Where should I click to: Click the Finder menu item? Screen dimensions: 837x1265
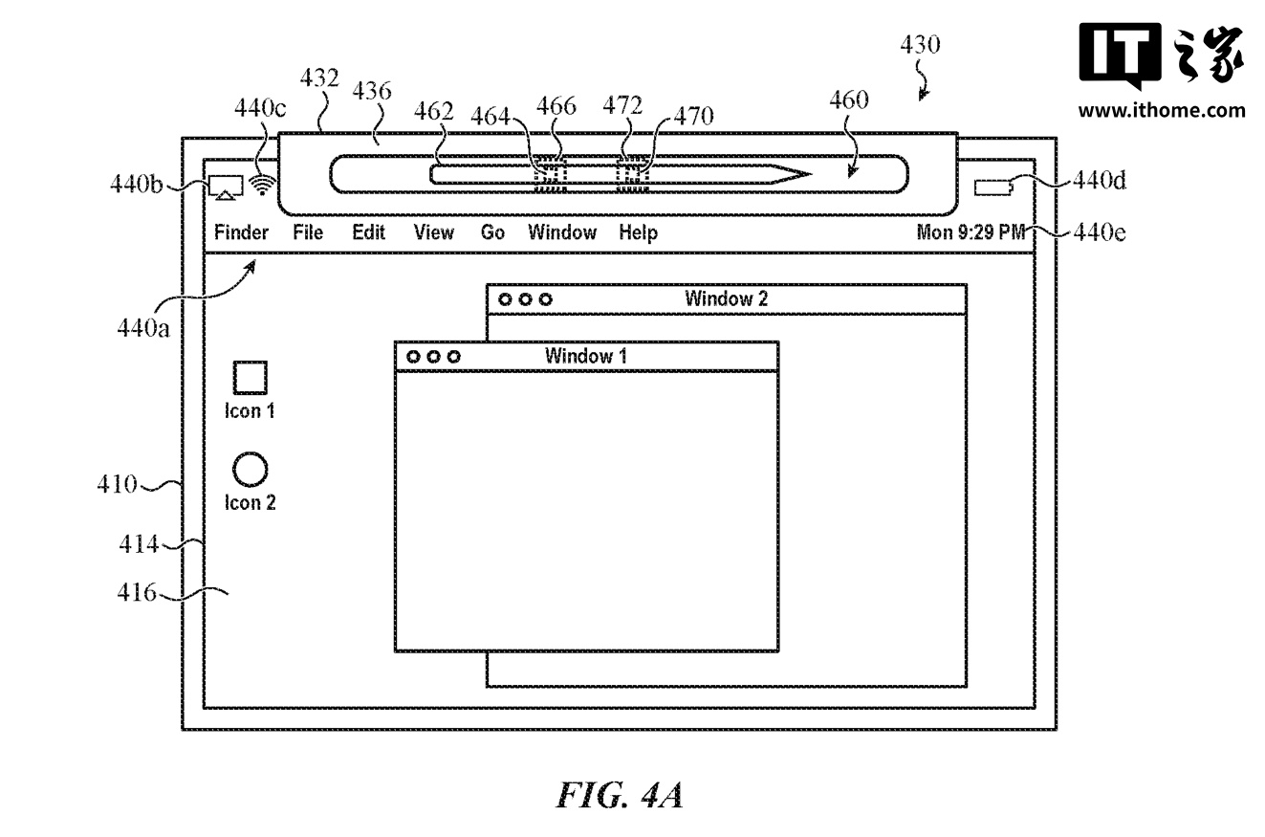coord(241,232)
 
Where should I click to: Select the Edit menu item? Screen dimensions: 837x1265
coord(368,232)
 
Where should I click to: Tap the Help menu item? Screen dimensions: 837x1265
coord(638,232)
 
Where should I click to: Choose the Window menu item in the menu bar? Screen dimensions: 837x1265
coord(562,232)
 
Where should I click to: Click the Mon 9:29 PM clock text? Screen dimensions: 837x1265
coord(971,232)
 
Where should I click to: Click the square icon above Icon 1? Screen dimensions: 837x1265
coord(251,378)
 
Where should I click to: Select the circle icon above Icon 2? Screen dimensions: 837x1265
coord(251,469)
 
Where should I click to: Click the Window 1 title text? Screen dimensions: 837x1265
coord(586,356)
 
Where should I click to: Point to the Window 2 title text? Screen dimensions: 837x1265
coord(726,298)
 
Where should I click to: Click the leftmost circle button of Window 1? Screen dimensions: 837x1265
coord(414,357)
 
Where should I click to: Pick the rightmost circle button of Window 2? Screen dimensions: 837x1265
coord(545,299)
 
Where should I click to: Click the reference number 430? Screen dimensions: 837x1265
coord(920,45)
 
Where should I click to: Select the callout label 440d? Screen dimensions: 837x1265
coord(1099,179)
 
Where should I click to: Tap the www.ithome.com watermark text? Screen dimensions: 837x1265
coord(1162,110)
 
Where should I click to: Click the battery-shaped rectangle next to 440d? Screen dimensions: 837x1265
coord(994,188)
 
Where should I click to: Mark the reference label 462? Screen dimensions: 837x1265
coord(433,112)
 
